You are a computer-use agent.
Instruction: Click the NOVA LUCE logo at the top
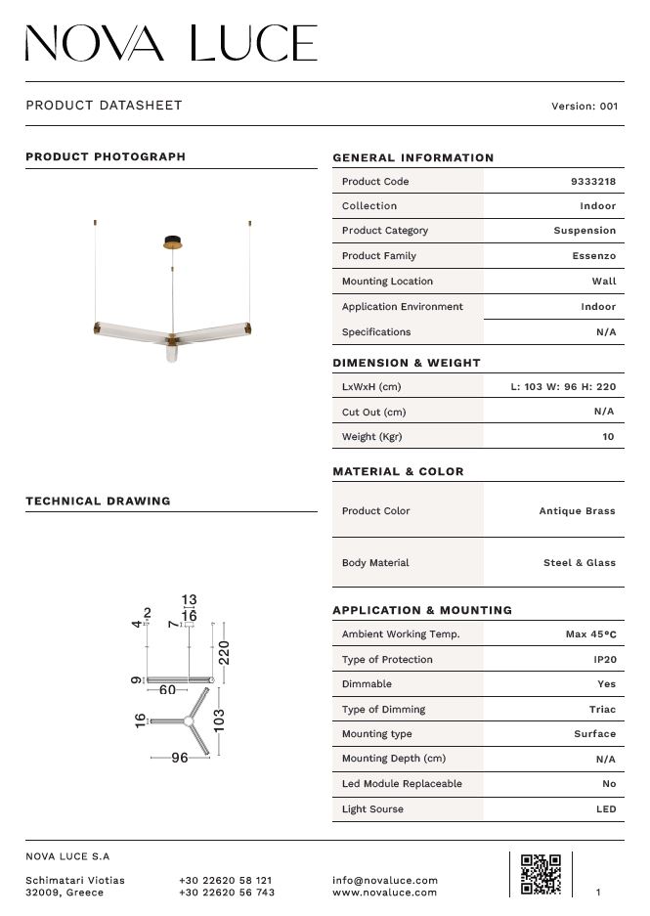[171, 44]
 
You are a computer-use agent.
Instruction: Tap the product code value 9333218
[592, 182]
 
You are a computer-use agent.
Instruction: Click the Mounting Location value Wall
[604, 282]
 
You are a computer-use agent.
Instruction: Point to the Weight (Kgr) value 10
[608, 437]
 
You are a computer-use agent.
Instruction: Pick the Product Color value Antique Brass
[577, 511]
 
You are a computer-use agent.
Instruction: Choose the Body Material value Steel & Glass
[579, 563]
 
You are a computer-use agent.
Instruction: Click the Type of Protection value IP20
[603, 660]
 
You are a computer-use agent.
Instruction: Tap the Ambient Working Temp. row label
[401, 634]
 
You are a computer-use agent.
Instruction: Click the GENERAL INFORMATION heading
[413, 157]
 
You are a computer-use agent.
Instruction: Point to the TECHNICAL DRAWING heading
[98, 502]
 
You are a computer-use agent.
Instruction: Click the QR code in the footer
[541, 874]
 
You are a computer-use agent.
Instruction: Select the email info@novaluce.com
[385, 881]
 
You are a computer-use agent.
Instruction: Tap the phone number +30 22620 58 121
[226, 881]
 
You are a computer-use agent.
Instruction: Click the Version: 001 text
[585, 107]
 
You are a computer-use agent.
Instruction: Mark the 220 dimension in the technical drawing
[224, 652]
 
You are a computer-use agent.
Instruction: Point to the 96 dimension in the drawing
[179, 758]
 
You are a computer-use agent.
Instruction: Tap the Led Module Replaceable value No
[609, 784]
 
